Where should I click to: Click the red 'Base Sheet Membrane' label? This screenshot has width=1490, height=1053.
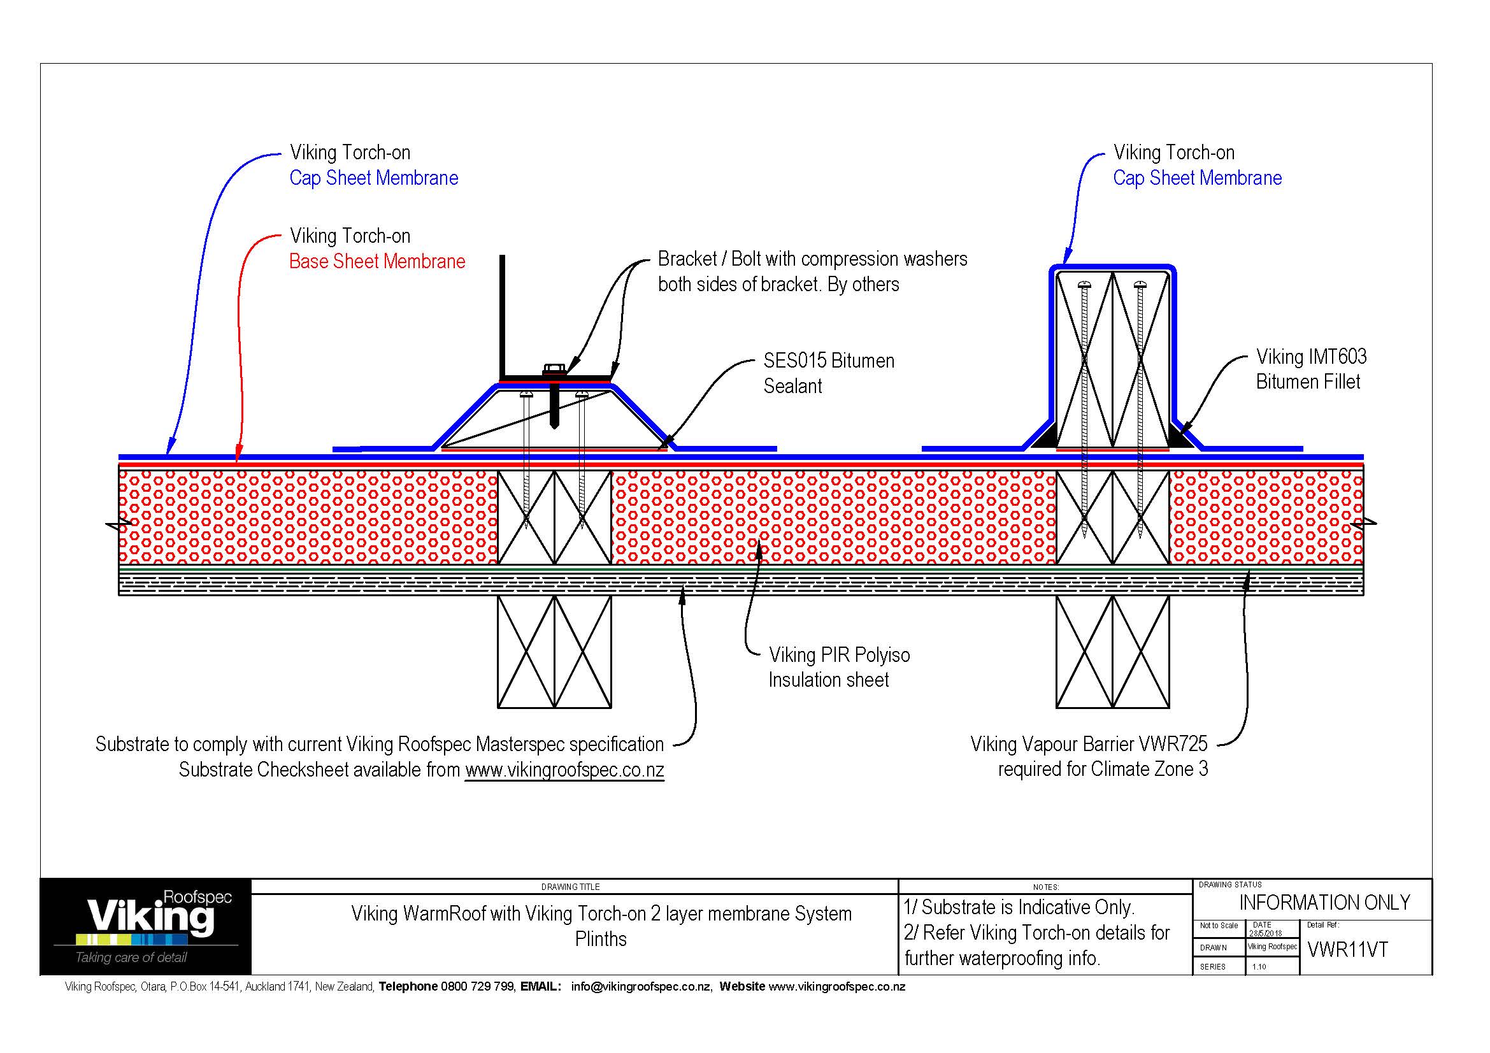(x=377, y=261)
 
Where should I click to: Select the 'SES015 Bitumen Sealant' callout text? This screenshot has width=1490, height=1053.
(x=828, y=373)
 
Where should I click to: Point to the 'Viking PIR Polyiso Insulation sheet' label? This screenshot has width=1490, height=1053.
(x=838, y=667)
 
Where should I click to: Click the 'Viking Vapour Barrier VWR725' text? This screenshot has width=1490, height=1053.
(x=1088, y=744)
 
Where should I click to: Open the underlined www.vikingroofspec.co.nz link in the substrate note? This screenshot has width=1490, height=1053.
(x=564, y=770)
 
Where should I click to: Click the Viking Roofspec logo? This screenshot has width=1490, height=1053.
(x=145, y=926)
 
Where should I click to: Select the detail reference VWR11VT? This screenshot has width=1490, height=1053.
(x=1347, y=950)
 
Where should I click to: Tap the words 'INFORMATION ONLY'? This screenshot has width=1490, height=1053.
(x=1324, y=903)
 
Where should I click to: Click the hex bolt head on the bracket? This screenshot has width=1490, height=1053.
(x=553, y=369)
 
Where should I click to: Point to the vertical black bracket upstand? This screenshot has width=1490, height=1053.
(x=501, y=315)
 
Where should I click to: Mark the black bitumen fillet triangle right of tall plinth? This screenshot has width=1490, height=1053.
(x=1182, y=436)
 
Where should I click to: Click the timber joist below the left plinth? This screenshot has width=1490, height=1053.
(x=554, y=652)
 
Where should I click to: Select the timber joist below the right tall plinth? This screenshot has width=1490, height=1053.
(x=1112, y=652)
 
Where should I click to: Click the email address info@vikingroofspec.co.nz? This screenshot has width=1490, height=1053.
(x=640, y=987)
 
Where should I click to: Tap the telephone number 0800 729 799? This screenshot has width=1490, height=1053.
(x=477, y=987)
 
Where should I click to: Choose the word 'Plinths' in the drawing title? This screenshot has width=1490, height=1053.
(x=600, y=939)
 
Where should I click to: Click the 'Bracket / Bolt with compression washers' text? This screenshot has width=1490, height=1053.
(x=812, y=259)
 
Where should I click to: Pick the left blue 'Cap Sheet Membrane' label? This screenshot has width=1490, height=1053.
(x=373, y=178)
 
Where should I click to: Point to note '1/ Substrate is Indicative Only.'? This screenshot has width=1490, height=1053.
(x=1019, y=907)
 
